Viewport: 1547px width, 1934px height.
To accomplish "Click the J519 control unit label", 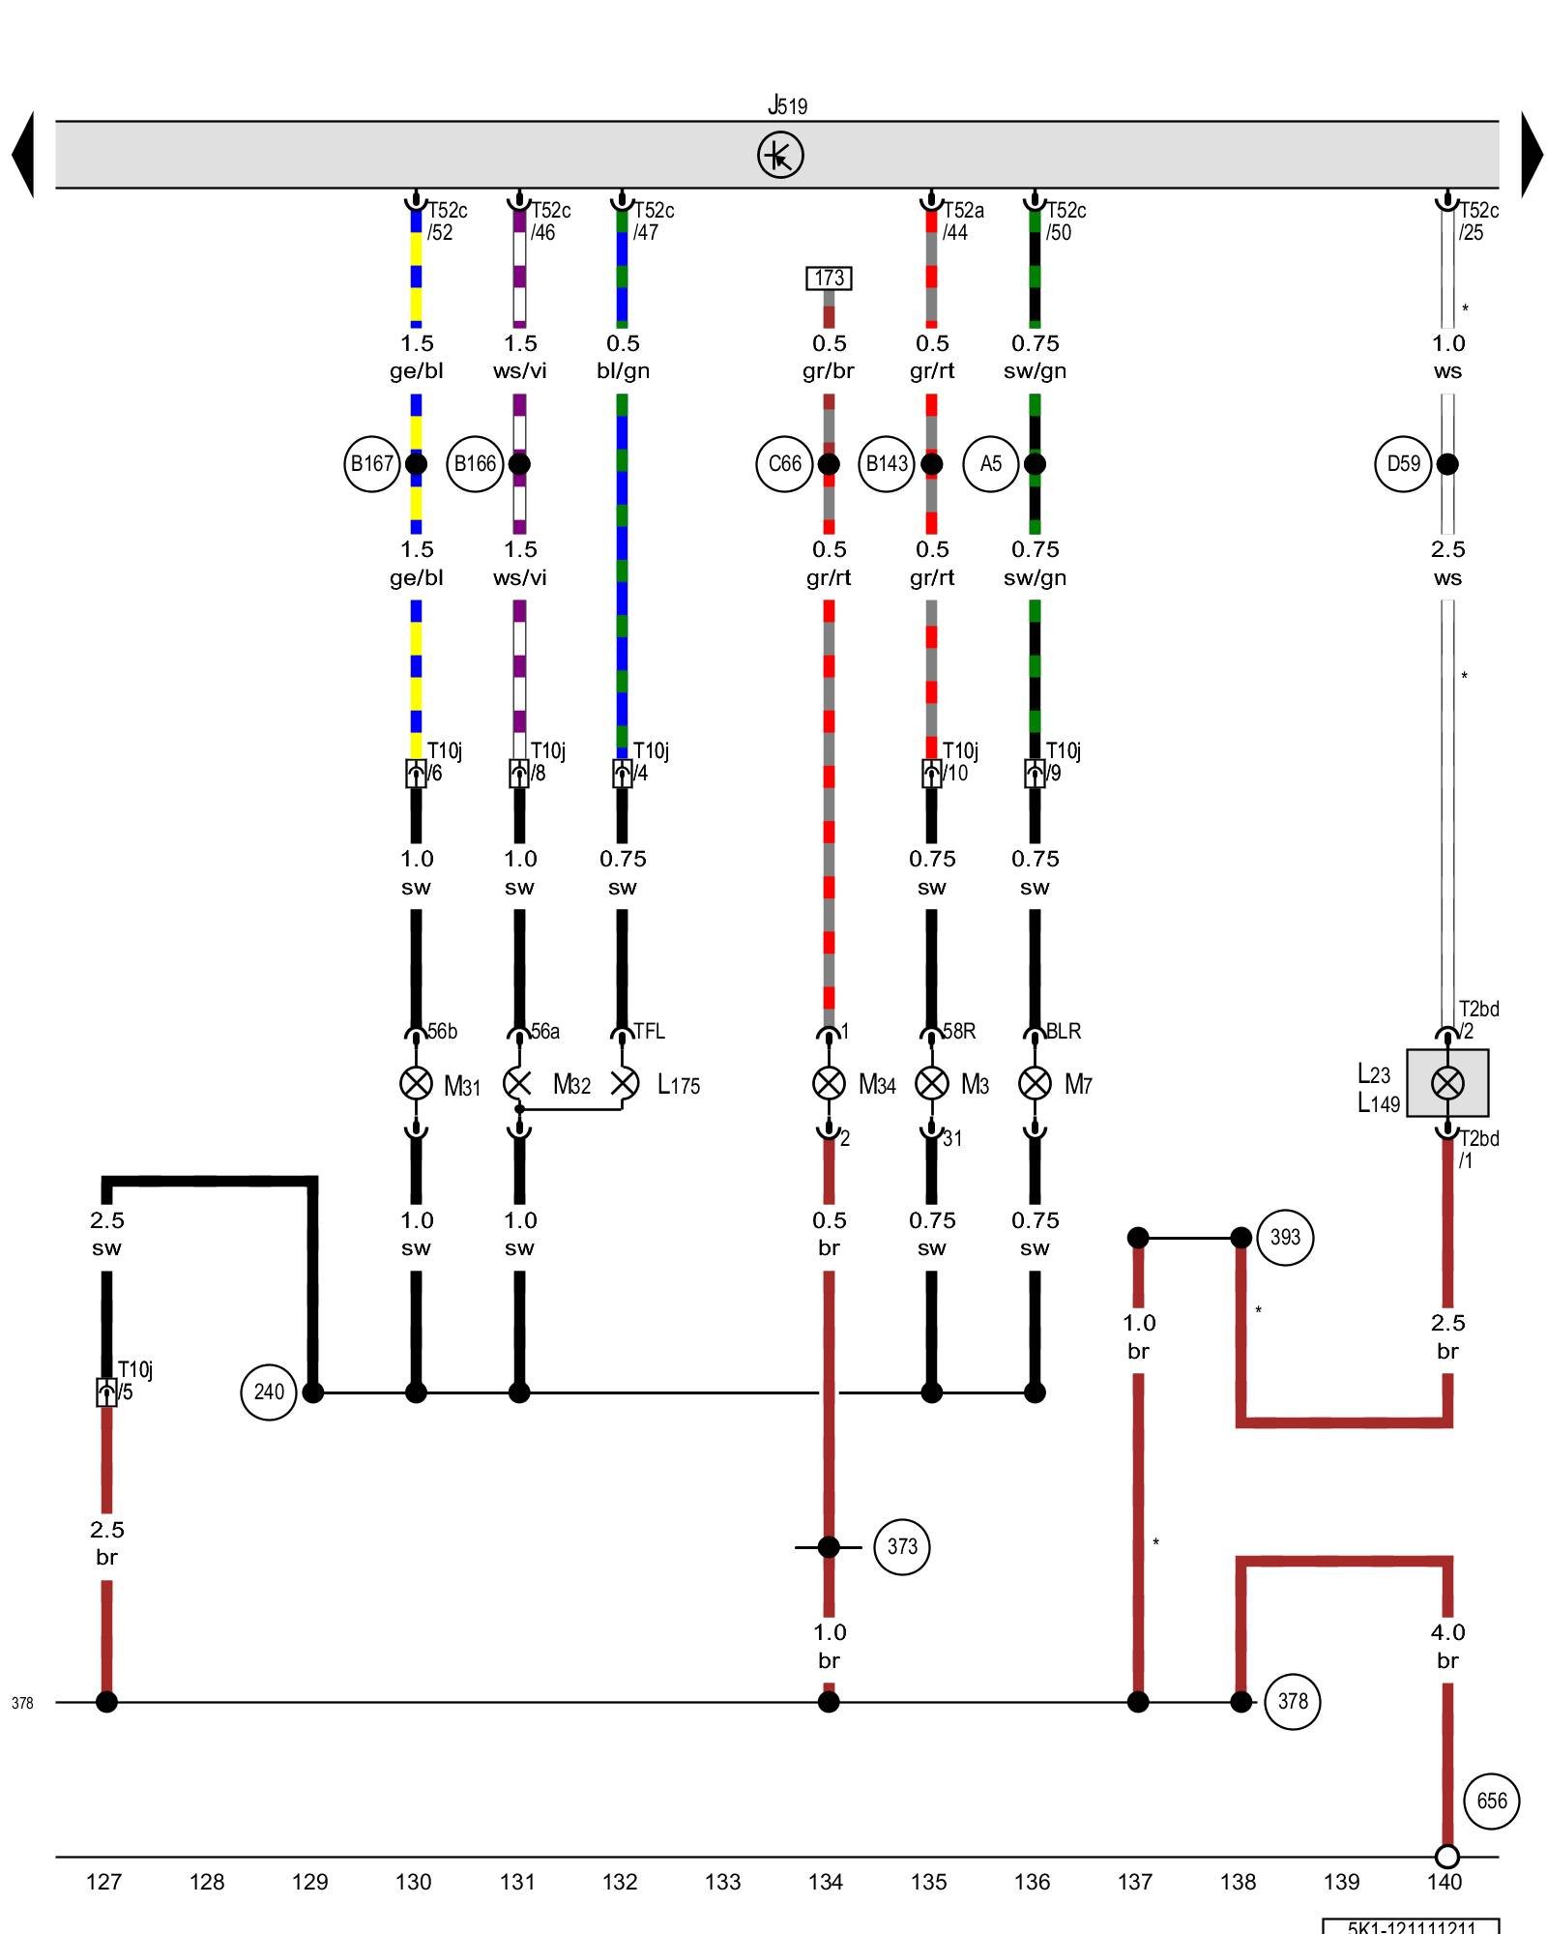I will [x=787, y=104].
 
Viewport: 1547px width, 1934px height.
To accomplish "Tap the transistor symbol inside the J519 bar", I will [x=780, y=155].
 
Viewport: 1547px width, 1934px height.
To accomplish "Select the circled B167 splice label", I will [x=371, y=464].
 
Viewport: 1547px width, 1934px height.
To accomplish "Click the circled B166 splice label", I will [x=475, y=464].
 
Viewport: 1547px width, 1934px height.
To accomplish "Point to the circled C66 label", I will [x=784, y=464].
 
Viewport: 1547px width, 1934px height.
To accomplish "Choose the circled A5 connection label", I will [x=990, y=464].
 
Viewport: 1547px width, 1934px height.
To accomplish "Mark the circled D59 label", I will [x=1403, y=464].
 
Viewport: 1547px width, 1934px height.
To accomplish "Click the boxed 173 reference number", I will [x=829, y=278].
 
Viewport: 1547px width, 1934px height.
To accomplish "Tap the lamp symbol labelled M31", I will [x=416, y=1083].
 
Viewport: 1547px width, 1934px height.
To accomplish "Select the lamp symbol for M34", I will [x=829, y=1083].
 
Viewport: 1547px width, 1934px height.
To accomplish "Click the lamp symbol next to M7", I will [x=1035, y=1083].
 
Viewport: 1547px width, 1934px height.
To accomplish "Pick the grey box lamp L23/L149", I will [x=1446, y=1083].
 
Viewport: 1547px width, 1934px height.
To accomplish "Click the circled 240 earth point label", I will [x=268, y=1392].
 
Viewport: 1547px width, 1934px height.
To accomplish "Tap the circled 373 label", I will [x=901, y=1547].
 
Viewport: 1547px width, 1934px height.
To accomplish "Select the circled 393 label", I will [x=1285, y=1238].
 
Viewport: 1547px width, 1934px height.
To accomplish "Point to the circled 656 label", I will [x=1491, y=1801].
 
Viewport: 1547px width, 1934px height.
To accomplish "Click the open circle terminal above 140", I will [x=1446, y=1857].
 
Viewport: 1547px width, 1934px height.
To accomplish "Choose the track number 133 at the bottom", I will [x=722, y=1882].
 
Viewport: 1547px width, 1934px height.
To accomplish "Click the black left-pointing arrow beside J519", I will [x=23, y=155].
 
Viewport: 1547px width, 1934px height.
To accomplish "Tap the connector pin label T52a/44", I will [x=962, y=221].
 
